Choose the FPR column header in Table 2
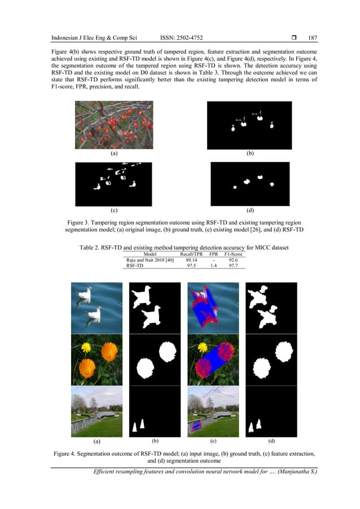point(213,254)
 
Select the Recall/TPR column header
point(191,254)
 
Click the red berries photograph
point(114,125)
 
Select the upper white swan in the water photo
point(85,294)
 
